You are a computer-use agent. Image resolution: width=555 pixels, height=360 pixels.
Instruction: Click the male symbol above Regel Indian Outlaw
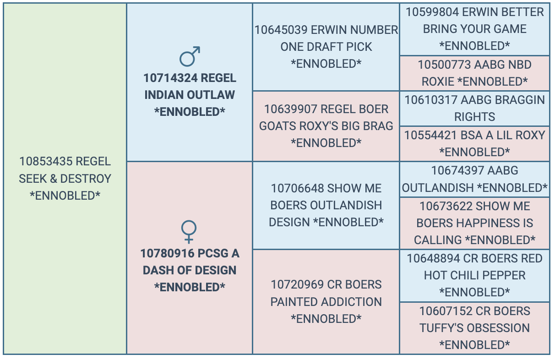coord(190,56)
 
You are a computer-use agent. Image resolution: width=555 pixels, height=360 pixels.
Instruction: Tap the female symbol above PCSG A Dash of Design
coord(189,231)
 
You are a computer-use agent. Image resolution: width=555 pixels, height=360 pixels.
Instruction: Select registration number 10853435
coord(46,162)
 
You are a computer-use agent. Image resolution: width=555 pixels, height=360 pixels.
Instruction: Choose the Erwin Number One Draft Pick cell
coord(326,47)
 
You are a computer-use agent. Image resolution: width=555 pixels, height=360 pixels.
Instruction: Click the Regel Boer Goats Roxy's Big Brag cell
coord(326,126)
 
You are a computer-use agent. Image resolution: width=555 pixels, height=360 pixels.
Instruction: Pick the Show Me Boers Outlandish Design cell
coord(326,205)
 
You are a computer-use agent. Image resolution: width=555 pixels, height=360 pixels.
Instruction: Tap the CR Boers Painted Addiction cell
coord(326,301)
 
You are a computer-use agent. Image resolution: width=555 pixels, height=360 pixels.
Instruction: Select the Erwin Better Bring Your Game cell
coord(474,29)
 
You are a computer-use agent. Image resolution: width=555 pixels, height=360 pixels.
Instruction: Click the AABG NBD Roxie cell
coord(474,73)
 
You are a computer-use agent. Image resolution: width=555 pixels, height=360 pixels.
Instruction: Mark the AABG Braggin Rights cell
coord(474,108)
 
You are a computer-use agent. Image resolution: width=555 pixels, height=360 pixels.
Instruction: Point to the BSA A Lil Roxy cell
coord(474,143)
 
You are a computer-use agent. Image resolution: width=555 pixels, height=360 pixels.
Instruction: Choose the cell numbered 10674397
coord(474,179)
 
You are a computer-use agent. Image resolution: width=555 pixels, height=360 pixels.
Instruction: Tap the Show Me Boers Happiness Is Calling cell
coord(474,223)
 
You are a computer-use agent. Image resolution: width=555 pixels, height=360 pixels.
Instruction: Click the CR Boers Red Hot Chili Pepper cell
coord(474,275)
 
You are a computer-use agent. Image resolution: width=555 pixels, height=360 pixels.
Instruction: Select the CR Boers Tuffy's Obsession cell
coord(474,328)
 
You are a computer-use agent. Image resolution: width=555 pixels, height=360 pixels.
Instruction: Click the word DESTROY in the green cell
coord(86,179)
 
